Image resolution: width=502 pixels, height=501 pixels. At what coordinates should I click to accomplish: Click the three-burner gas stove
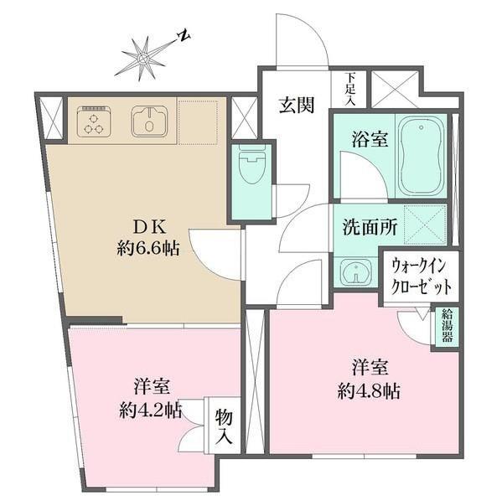(x=94, y=121)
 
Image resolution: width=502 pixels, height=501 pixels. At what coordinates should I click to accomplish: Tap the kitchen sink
(x=149, y=121)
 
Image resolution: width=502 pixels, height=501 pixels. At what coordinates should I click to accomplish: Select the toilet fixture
(x=252, y=165)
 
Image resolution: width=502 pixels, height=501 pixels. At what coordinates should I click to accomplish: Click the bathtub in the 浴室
(x=421, y=156)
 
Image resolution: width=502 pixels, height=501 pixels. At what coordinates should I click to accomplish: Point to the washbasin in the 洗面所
(x=356, y=271)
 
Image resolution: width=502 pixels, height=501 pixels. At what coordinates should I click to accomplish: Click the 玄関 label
(x=297, y=105)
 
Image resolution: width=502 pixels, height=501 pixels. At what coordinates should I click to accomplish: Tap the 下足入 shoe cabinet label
(x=351, y=89)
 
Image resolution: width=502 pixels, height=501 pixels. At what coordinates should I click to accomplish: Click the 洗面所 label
(x=370, y=227)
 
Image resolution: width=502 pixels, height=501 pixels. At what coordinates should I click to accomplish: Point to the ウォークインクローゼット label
(x=422, y=276)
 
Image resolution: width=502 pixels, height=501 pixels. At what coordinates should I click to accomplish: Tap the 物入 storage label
(x=224, y=426)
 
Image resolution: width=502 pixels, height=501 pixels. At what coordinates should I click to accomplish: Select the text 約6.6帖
(x=148, y=248)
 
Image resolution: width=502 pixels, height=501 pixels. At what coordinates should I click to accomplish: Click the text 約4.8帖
(x=369, y=391)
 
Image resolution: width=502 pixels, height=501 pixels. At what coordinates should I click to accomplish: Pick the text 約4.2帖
(x=151, y=410)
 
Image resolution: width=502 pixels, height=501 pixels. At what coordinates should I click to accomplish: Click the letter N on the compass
(x=184, y=36)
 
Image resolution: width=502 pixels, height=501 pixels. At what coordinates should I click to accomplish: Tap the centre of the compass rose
(x=142, y=59)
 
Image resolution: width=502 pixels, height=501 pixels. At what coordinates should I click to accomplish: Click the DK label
(x=149, y=228)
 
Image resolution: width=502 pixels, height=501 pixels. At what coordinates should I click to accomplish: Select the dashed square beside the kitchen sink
(x=199, y=122)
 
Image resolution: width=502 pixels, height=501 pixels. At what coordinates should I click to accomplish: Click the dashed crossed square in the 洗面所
(x=425, y=225)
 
